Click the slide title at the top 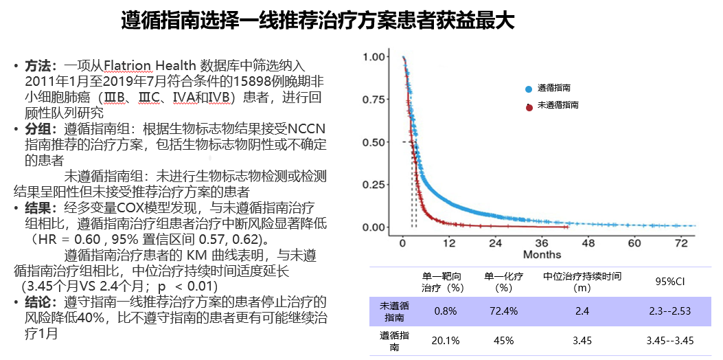[x=317, y=21]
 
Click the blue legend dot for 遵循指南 [x=528, y=89]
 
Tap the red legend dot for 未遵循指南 [x=529, y=106]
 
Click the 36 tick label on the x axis [x=542, y=244]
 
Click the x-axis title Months [x=542, y=255]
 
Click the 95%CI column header [x=670, y=282]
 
